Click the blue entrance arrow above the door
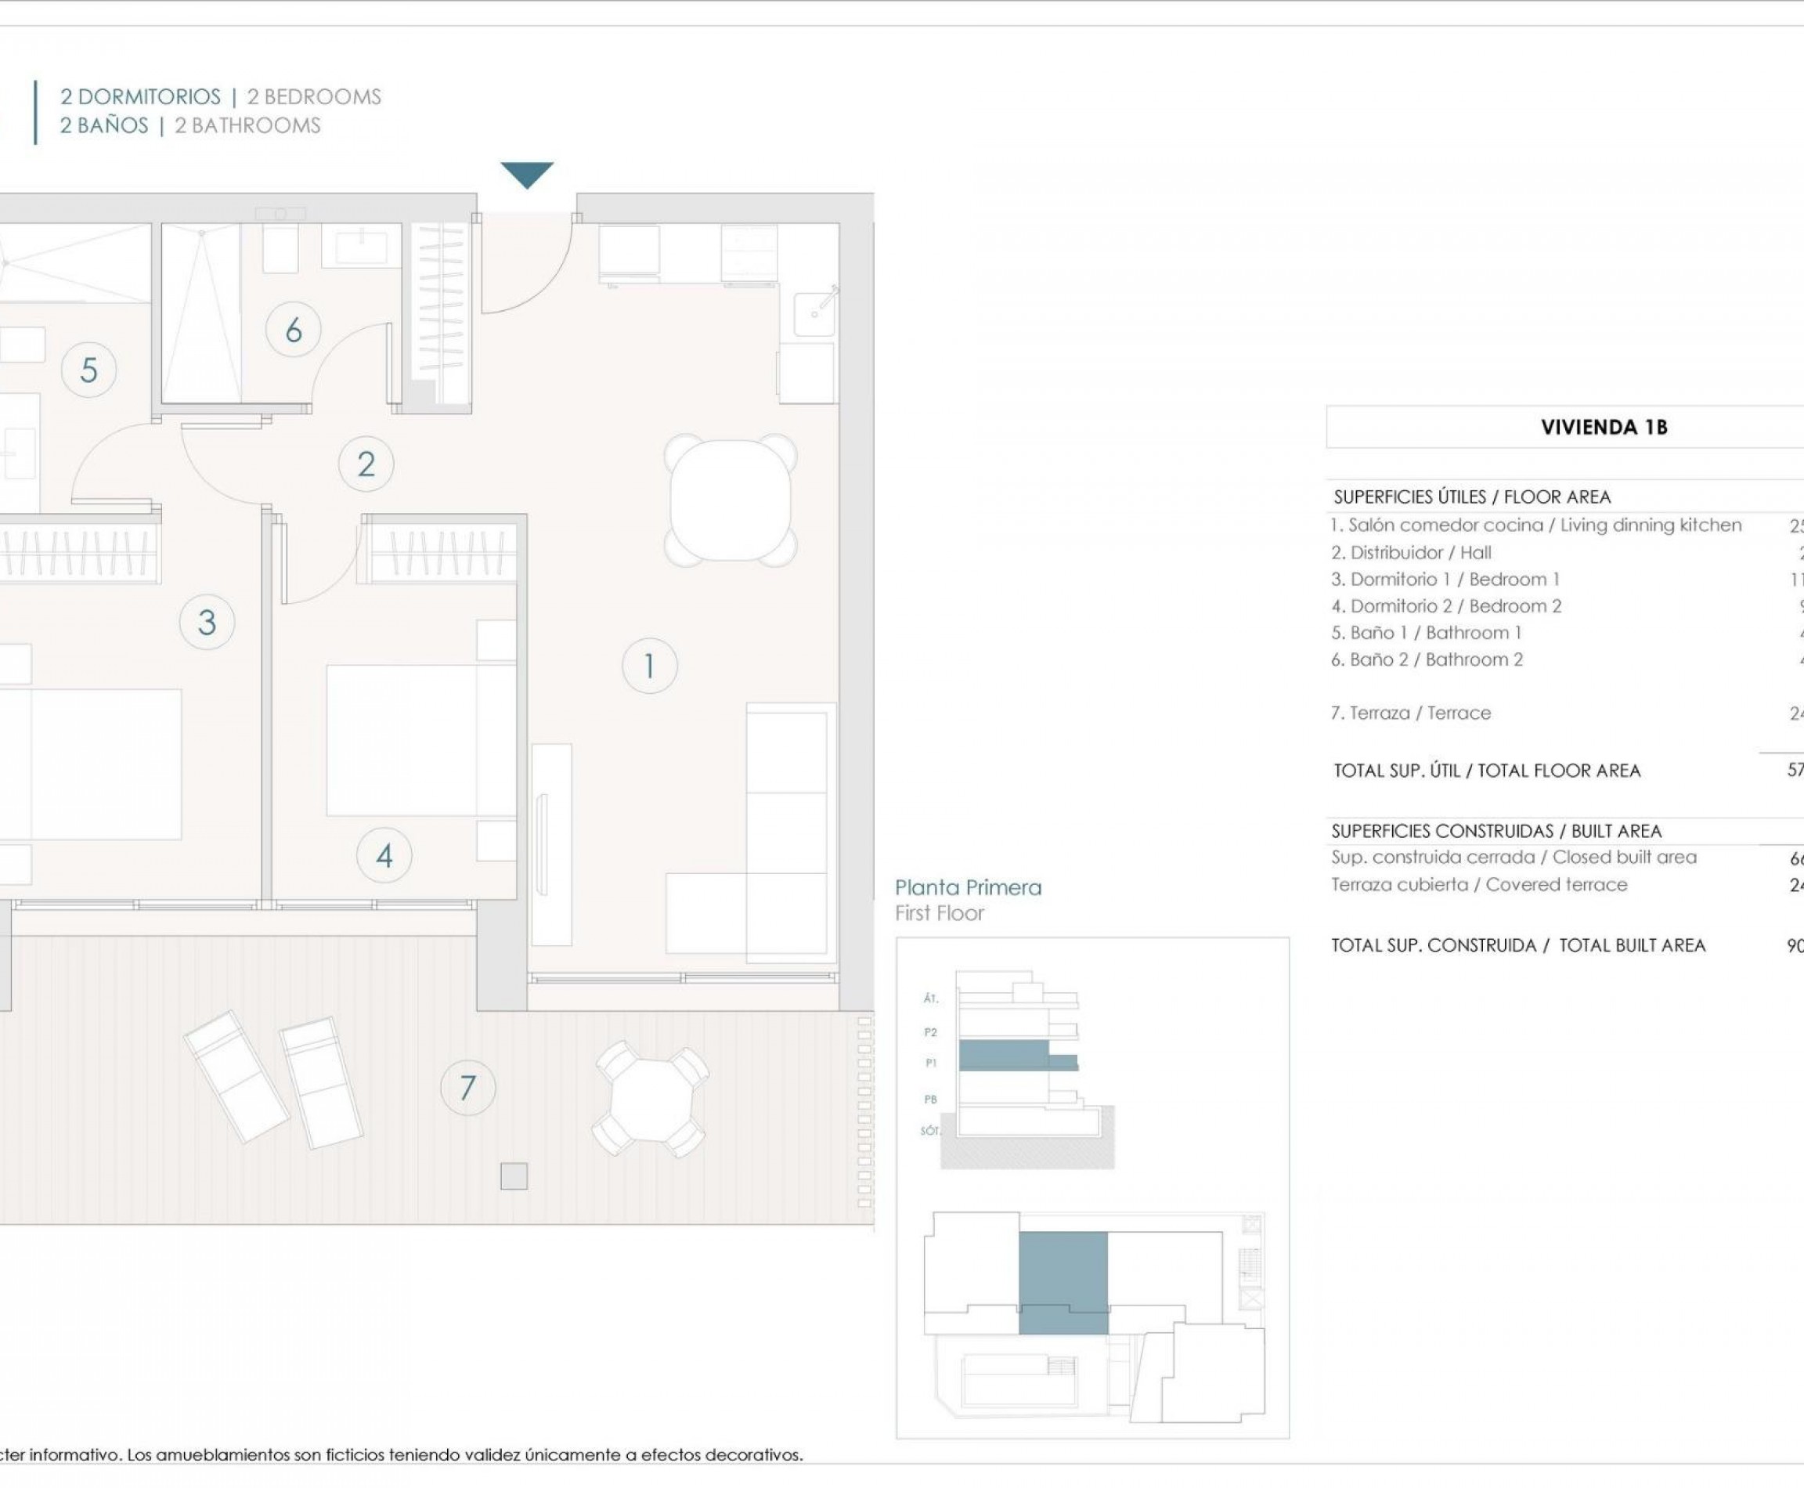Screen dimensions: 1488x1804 [x=526, y=174]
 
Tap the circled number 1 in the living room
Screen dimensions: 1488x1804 [x=649, y=666]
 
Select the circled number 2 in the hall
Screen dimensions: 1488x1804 [x=366, y=464]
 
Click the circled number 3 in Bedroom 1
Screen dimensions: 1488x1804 [x=207, y=623]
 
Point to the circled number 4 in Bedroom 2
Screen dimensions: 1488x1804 [x=384, y=855]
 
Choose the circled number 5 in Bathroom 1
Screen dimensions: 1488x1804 [x=88, y=370]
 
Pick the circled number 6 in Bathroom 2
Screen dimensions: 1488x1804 [x=293, y=330]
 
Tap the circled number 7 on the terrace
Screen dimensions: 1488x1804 [x=467, y=1088]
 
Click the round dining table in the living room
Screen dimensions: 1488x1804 [x=731, y=500]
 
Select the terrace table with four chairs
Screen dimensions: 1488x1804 [x=651, y=1099]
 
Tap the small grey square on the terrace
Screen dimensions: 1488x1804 [x=514, y=1176]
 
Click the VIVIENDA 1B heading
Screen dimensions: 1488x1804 [x=1604, y=427]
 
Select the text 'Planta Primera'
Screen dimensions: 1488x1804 [x=968, y=888]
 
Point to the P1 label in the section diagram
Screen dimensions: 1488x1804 [x=931, y=1063]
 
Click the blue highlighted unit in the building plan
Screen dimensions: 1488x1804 [x=1063, y=1281]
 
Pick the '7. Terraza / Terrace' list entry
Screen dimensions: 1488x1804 [x=1411, y=713]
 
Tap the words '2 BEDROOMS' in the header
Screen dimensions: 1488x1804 [x=314, y=97]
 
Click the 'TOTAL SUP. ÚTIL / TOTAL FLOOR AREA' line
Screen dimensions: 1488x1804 [x=1486, y=771]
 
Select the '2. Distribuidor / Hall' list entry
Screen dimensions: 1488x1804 [x=1411, y=553]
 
